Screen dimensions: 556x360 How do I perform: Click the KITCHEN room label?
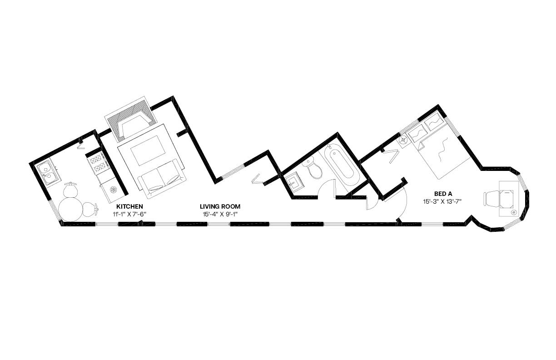(129, 206)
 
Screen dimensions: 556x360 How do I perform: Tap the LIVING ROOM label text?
(220, 206)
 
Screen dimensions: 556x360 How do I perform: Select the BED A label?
(443, 194)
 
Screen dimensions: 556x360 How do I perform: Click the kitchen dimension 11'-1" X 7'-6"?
(129, 214)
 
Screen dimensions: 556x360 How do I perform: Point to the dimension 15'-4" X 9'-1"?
(220, 214)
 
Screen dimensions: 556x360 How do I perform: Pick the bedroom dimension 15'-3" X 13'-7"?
(442, 201)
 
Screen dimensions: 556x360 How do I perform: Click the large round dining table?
(71, 209)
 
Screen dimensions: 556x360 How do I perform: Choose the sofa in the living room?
(162, 179)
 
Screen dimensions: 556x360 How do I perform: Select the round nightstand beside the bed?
(403, 140)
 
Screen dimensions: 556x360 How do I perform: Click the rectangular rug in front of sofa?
(149, 150)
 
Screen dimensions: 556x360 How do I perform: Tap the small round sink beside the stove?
(113, 190)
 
